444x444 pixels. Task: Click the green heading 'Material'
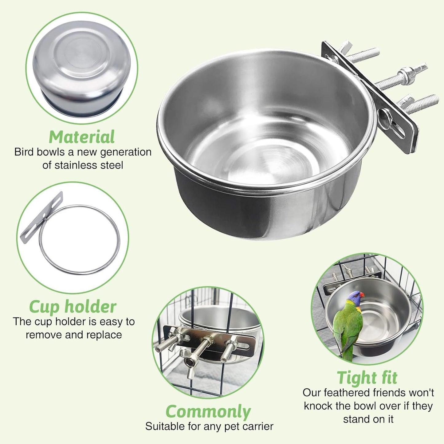point(82,137)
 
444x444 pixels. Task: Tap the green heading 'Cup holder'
point(73,307)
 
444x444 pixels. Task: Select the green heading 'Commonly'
point(208,412)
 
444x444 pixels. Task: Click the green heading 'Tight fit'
point(367,378)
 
